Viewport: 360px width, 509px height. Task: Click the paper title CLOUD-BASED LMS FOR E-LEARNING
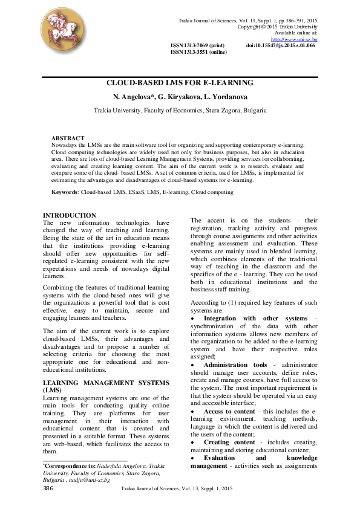coord(180,83)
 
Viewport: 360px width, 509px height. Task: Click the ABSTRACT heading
coord(68,138)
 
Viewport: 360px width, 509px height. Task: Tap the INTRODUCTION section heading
coord(70,216)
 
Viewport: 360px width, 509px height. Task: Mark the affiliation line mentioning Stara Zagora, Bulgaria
coord(180,111)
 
